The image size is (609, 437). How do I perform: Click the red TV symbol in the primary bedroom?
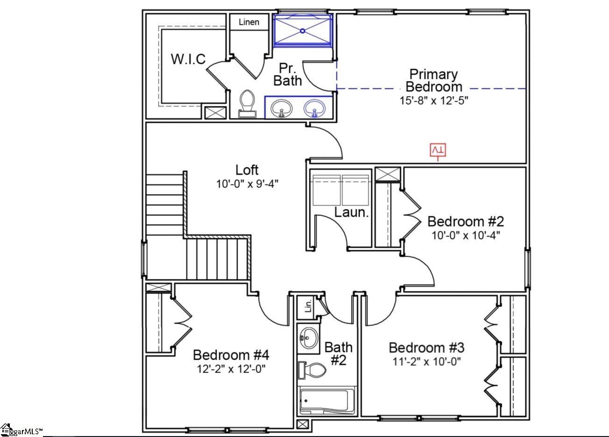click(x=438, y=150)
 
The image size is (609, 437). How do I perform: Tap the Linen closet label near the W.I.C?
click(x=249, y=22)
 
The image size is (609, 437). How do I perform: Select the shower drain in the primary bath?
click(x=303, y=31)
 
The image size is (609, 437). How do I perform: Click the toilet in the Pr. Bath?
click(x=248, y=104)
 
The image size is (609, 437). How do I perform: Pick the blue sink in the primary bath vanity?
click(x=315, y=108)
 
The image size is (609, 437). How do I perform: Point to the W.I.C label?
click(x=188, y=59)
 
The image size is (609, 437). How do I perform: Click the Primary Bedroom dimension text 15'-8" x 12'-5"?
click(x=434, y=100)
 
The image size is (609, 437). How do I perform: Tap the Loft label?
click(x=247, y=170)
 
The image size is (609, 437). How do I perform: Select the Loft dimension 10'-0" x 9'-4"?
click(x=247, y=184)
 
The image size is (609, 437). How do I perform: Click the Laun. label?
click(x=351, y=212)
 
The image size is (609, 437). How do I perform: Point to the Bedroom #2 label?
click(x=466, y=221)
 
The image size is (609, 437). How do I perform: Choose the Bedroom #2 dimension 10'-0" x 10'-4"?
click(x=466, y=235)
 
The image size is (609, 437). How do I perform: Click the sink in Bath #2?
click(x=308, y=338)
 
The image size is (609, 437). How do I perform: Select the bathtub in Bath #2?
click(x=327, y=401)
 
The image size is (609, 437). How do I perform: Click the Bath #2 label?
click(x=339, y=353)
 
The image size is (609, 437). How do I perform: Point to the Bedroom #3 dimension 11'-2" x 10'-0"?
click(x=426, y=362)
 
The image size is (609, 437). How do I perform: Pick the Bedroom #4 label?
click(x=231, y=355)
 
